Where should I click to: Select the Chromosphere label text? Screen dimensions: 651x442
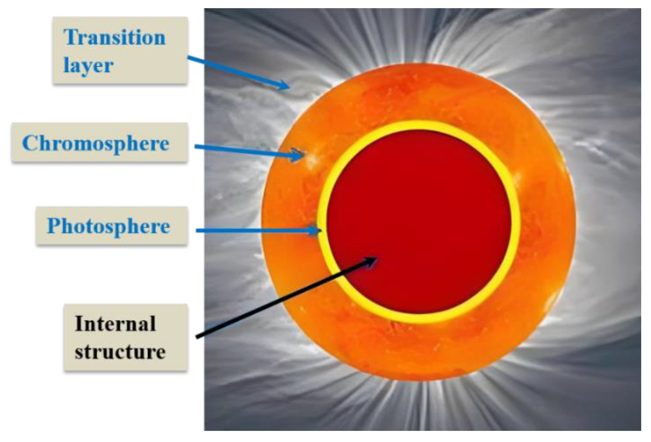pos(96,144)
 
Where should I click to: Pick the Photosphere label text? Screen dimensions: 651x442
pos(108,226)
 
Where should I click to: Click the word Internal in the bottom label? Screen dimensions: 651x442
pos(115,324)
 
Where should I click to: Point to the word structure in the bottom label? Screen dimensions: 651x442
pos(120,352)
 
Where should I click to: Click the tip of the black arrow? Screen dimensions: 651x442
pos(377,258)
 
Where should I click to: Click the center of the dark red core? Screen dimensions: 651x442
pos(419,222)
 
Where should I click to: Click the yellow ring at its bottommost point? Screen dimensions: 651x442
pos(419,319)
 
